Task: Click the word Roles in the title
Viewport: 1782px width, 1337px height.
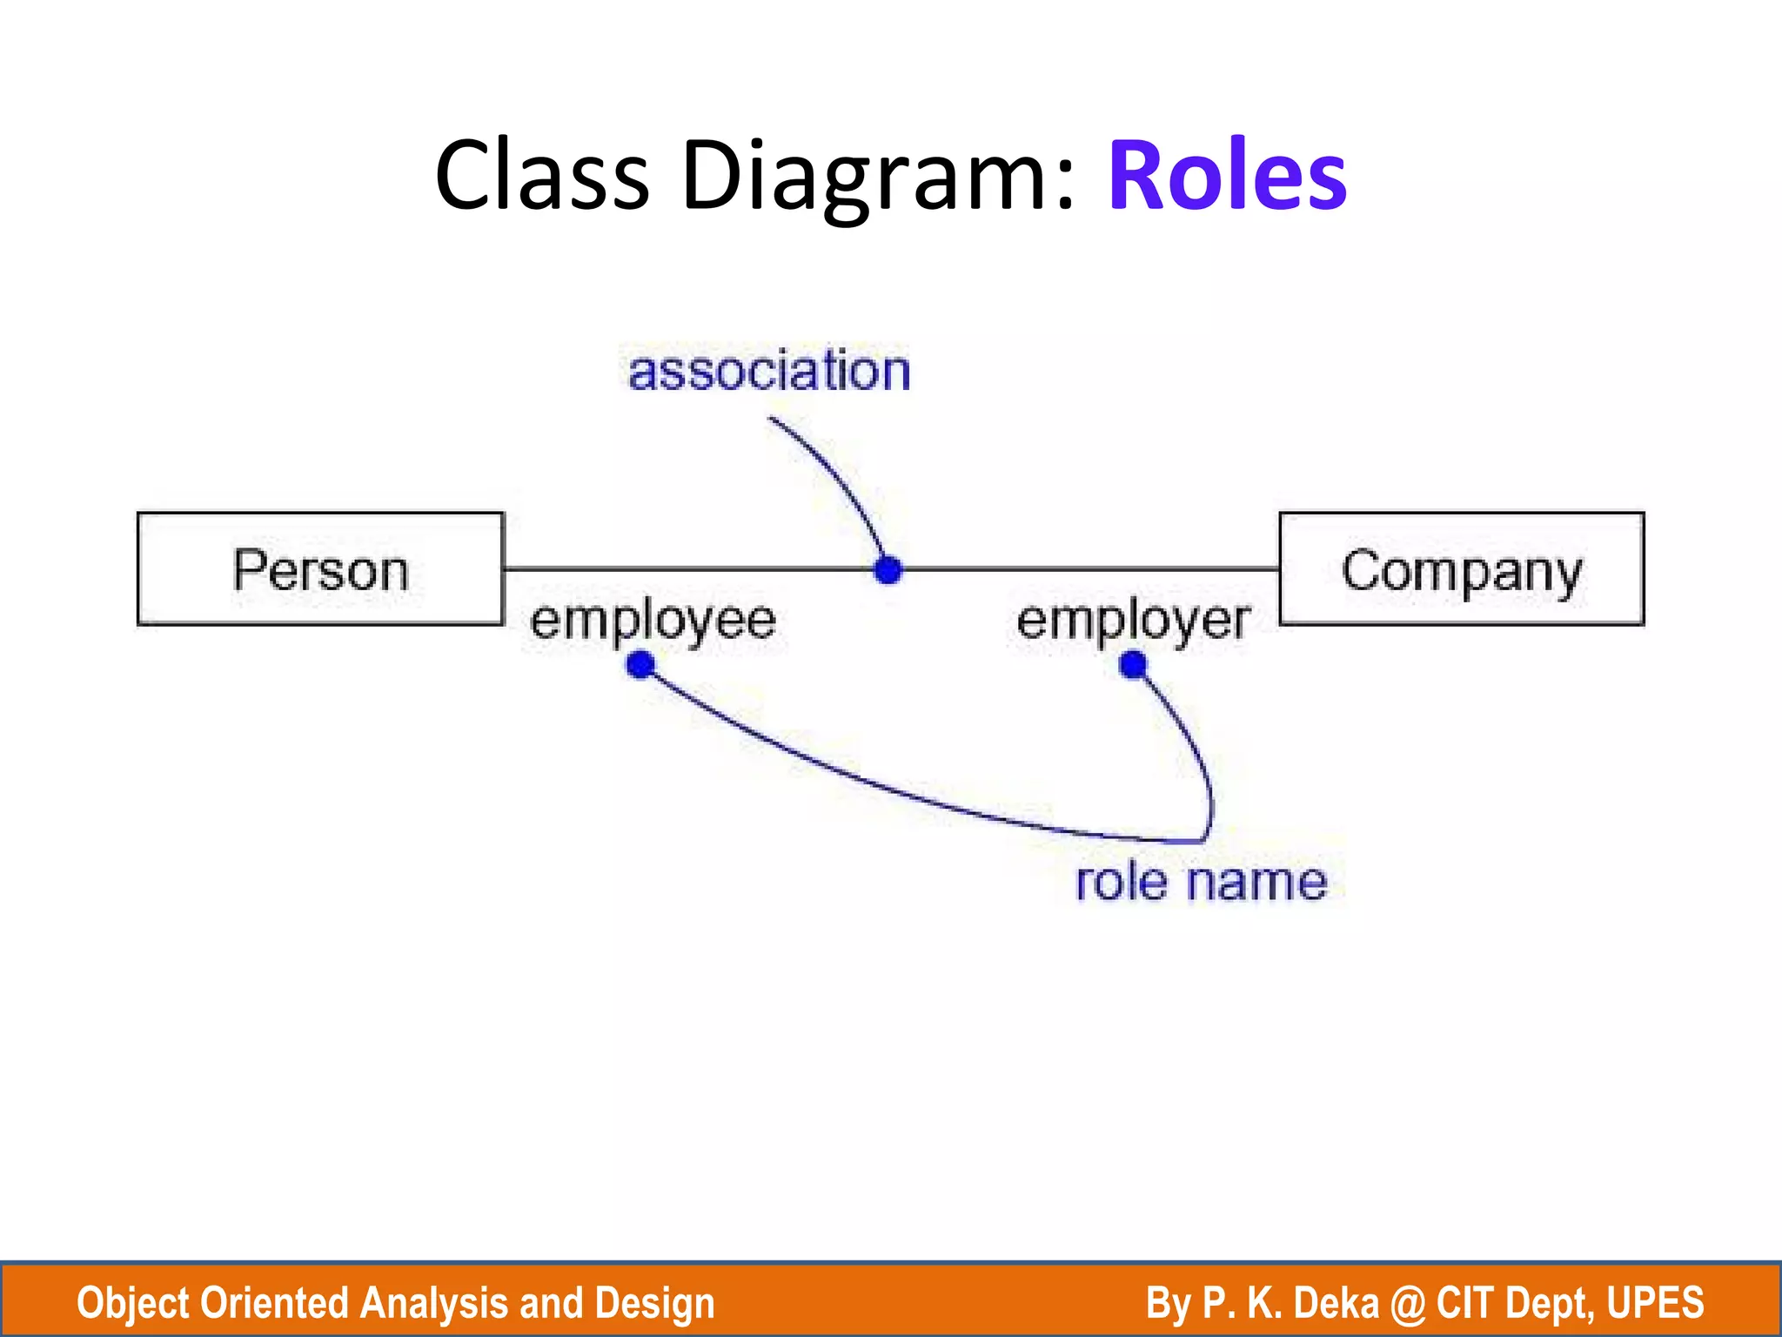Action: tap(1227, 176)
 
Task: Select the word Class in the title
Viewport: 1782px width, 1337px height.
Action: tap(541, 176)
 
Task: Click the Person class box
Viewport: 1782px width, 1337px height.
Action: tap(320, 569)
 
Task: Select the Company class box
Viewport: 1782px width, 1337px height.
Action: tap(1461, 569)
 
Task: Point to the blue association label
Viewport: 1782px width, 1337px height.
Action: tap(769, 372)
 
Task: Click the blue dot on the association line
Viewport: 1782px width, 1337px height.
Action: tap(888, 570)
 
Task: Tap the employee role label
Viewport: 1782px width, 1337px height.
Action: tap(653, 621)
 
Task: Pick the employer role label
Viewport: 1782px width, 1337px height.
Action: tap(1133, 621)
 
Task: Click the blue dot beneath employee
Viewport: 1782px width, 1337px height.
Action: tap(640, 666)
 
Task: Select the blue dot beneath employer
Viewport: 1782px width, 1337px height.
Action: tap(1133, 666)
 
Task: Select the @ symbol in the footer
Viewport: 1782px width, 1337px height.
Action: tap(1408, 1304)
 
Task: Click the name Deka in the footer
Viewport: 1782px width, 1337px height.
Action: tap(1336, 1303)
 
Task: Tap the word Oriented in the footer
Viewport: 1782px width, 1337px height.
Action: tap(274, 1303)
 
